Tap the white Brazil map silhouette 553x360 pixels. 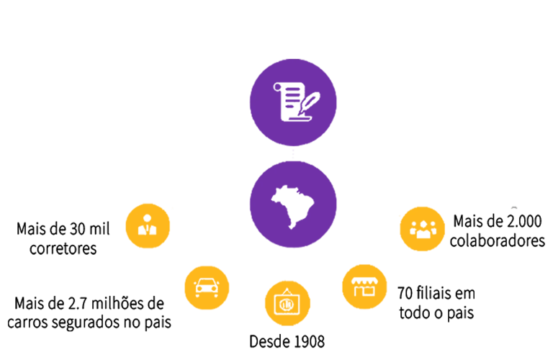[x=292, y=205]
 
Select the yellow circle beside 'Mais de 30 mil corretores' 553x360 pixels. [x=148, y=225]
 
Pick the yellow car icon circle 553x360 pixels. [x=207, y=287]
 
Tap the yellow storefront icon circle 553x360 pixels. [x=364, y=287]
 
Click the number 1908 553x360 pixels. [x=306, y=341]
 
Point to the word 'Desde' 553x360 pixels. [x=268, y=341]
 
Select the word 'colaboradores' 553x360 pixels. [x=497, y=240]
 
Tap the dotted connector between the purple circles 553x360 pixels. [x=293, y=155]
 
